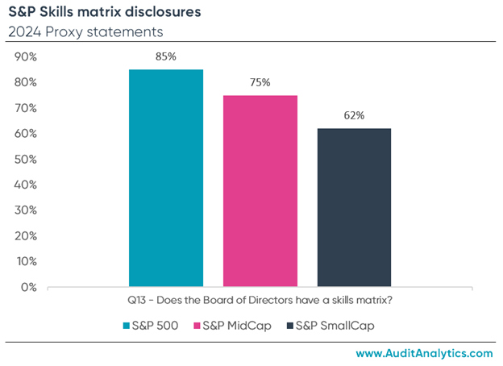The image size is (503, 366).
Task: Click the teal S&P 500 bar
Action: coord(166,177)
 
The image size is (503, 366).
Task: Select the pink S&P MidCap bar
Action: coord(260,190)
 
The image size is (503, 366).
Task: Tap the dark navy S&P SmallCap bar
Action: coord(354,207)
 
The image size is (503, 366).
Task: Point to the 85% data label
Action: coord(166,56)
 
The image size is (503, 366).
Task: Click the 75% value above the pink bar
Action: coord(260,82)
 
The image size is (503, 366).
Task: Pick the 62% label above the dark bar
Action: coord(354,115)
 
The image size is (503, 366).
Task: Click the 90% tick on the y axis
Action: coord(27,57)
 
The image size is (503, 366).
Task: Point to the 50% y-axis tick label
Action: coord(27,160)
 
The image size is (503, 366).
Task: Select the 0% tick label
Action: coord(30,287)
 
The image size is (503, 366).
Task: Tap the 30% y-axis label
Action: coord(27,210)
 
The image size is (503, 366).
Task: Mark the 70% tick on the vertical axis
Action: coord(27,108)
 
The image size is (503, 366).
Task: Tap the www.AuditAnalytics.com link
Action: coord(423,353)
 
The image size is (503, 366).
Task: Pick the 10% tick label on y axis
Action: coord(27,261)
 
